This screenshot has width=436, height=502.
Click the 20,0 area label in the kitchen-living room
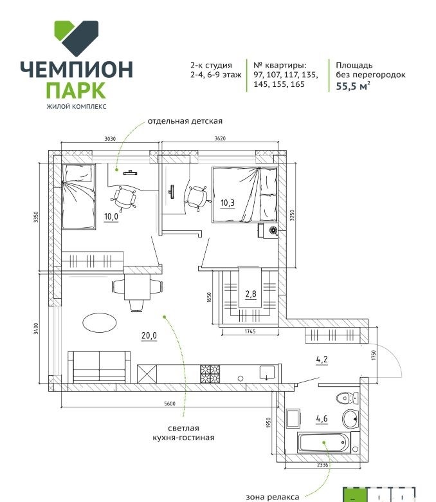pos(149,335)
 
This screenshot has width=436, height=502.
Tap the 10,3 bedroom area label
pos(228,203)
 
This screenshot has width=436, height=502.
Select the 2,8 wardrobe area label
pos(251,293)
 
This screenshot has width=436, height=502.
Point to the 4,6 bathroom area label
pos(322,418)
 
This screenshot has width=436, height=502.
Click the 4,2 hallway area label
pos(322,360)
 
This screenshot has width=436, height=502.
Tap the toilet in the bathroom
pos(347,398)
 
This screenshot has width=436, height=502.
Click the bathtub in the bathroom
pos(323,442)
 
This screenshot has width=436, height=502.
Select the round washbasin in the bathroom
pos(350,418)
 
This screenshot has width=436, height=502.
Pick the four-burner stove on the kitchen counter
pos(210,374)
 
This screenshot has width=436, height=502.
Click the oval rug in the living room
pos(100,323)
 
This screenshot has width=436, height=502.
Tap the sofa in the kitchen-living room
pos(99,367)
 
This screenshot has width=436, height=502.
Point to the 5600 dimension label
pos(170,404)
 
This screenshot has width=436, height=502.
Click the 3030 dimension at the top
pos(110,138)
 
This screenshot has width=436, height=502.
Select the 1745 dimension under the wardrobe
pos(250,331)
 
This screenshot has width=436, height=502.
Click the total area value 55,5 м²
pos(353,86)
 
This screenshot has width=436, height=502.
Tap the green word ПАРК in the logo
pos(76,91)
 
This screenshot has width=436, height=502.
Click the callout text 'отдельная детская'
pos(185,121)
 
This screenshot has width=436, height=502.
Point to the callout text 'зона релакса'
pos(273,497)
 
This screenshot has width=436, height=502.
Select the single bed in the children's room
pos(78,196)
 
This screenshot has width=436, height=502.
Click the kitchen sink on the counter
pos(267,373)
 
